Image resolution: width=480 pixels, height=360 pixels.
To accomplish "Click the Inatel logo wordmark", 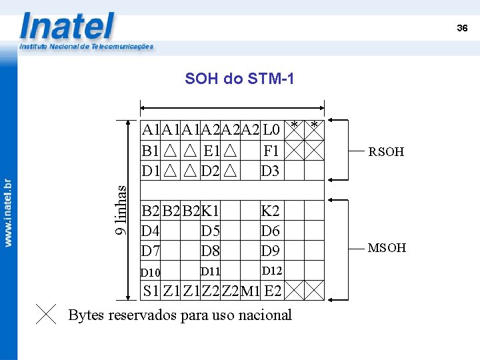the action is click(67, 26).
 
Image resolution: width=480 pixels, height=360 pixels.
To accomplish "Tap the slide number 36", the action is click(462, 28).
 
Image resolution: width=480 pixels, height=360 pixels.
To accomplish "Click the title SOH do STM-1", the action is click(239, 79).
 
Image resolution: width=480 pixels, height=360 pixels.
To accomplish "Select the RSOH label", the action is click(386, 151).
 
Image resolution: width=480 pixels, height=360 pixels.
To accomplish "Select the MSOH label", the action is click(387, 248).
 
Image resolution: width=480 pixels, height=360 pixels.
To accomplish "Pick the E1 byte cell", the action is click(211, 150).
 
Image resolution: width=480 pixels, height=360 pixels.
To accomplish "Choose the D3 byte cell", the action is click(271, 171).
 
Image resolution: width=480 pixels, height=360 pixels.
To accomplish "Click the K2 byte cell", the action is click(271, 211).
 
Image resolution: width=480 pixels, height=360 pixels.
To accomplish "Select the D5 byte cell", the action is click(211, 231).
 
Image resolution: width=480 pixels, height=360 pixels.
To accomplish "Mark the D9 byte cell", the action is click(271, 251).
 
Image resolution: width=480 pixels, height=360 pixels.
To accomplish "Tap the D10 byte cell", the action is click(151, 272).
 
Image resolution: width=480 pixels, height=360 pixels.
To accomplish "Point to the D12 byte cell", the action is click(271, 271).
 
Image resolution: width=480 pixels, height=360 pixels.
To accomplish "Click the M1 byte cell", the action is click(251, 291).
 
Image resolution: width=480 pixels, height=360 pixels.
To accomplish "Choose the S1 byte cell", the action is click(151, 291).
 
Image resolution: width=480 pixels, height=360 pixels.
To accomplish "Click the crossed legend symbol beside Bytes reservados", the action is click(46, 314).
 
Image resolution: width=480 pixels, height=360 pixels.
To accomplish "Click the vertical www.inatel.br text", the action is click(8, 213).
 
